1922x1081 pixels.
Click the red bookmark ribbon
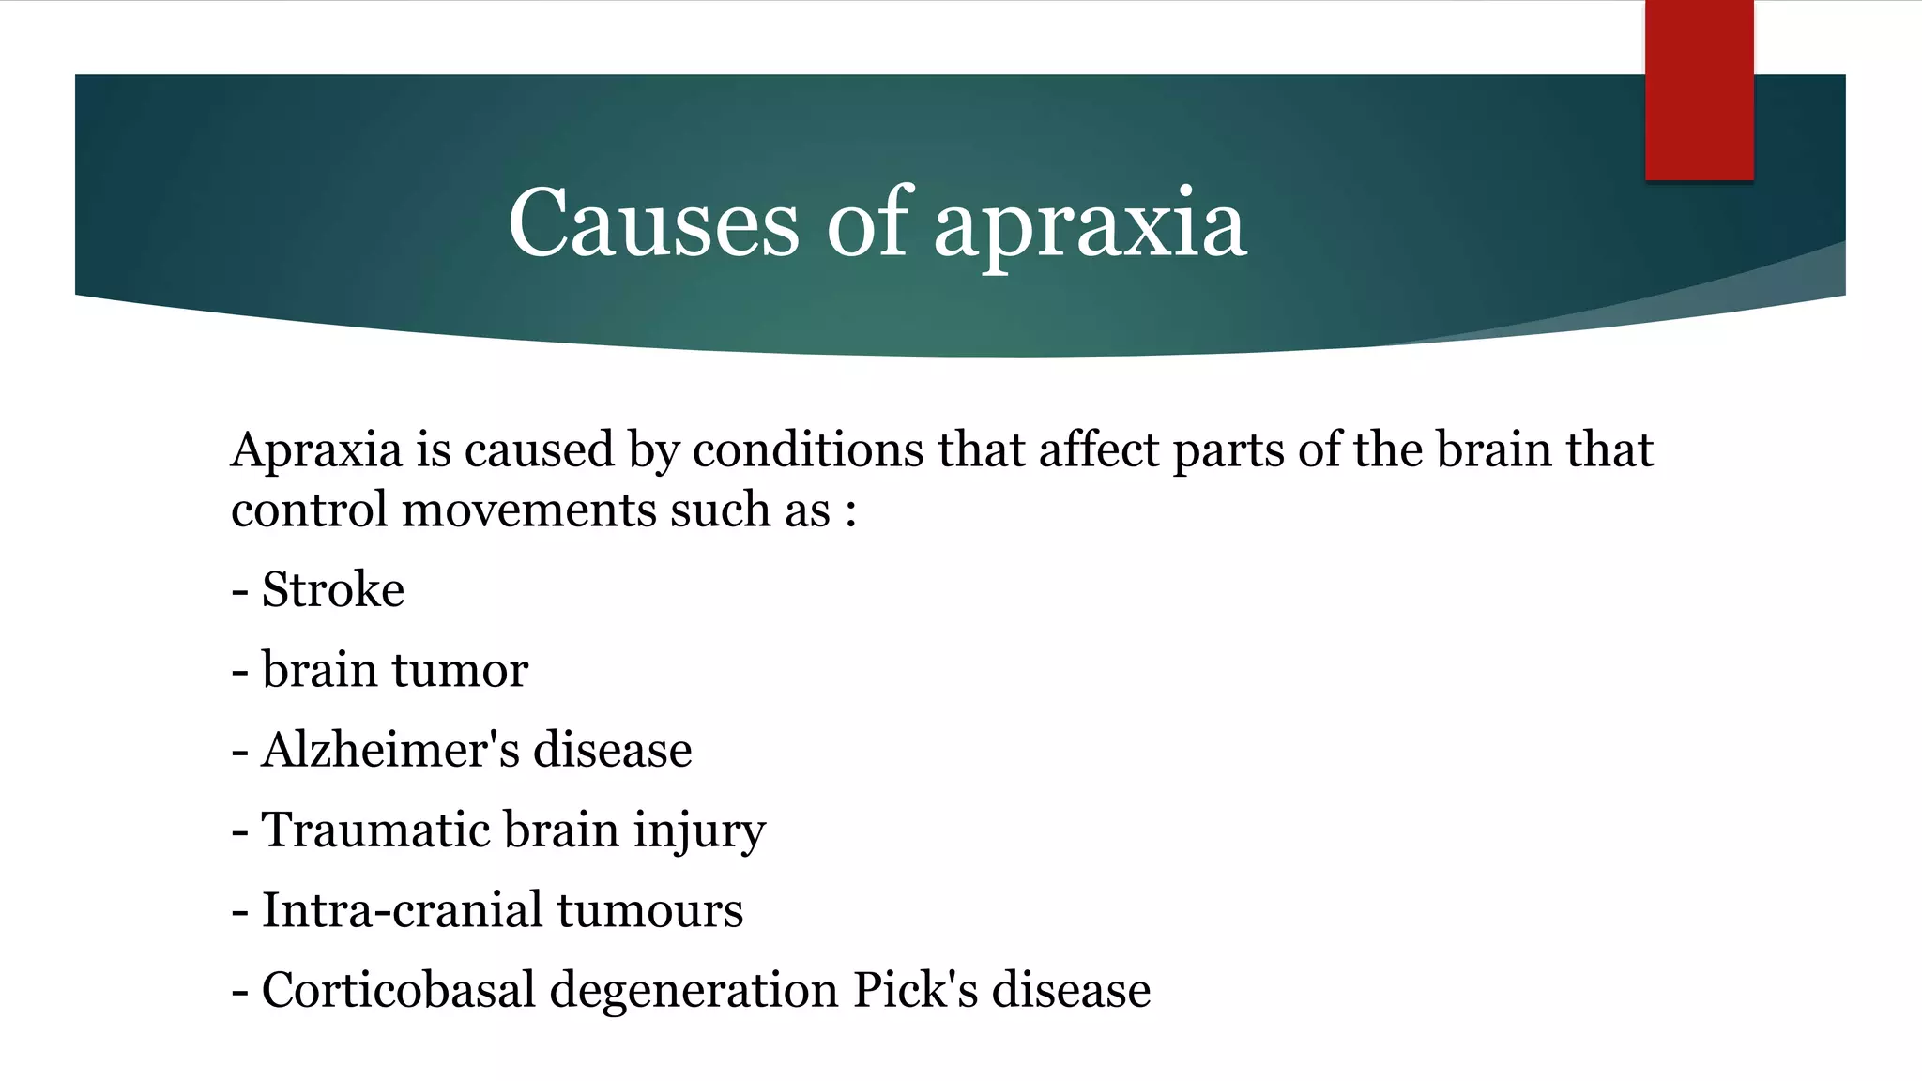(x=1699, y=90)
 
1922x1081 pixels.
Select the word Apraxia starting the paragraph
(x=316, y=450)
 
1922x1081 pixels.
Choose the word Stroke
(x=333, y=590)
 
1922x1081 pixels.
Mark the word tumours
(x=649, y=911)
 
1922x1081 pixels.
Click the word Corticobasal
(x=398, y=990)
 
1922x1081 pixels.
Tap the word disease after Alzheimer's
(x=613, y=750)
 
